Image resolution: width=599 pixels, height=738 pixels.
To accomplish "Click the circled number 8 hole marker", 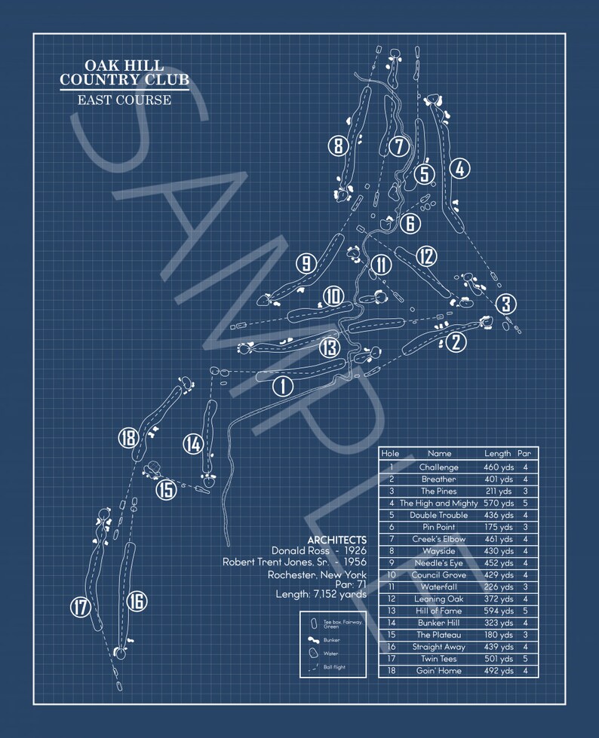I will click(338, 145).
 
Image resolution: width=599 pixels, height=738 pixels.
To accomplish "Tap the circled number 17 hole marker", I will click(80, 606).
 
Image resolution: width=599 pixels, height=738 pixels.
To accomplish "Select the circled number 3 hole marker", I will click(506, 305).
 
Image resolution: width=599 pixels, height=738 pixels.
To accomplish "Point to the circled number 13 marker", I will click(329, 348).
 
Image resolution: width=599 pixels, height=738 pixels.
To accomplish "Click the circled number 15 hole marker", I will click(166, 489).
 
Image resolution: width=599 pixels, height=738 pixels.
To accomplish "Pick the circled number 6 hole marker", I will click(410, 223).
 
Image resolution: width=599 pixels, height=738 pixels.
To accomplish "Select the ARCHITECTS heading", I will click(336, 540).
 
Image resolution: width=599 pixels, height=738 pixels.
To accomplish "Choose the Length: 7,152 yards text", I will click(321, 595).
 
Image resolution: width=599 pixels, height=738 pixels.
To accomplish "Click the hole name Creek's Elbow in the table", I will click(438, 539).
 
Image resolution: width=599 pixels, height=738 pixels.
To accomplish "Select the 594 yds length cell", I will click(499, 611).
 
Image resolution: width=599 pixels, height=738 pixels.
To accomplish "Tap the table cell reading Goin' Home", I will click(438, 671).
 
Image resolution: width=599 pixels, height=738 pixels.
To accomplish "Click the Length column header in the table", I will click(498, 454).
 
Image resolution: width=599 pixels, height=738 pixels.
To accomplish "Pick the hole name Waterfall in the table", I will click(438, 586).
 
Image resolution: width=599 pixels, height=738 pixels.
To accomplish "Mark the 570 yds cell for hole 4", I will click(499, 503).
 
